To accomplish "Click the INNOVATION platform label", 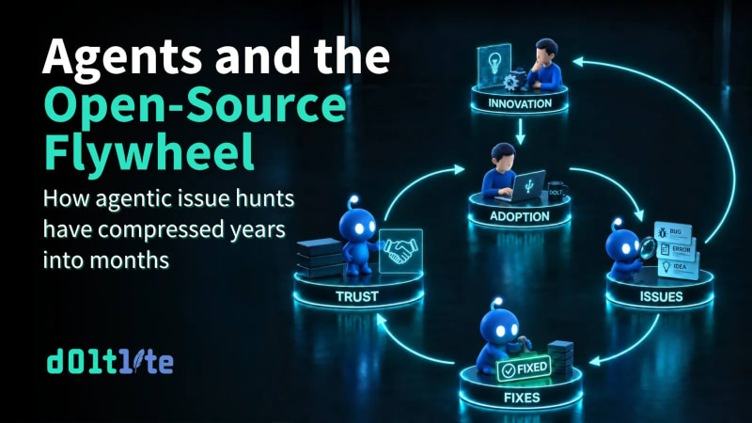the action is point(520,103).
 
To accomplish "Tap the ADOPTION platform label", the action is point(520,216).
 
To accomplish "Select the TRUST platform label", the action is point(357,297).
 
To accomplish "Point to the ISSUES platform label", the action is point(661,296).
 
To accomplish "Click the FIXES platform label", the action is point(522,398).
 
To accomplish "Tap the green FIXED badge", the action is point(524,369).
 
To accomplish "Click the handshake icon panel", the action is point(401,251).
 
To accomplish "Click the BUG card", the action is point(673,232).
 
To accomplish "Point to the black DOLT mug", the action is point(557,192).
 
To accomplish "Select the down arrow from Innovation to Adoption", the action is point(521,132).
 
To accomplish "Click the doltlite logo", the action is point(110,362).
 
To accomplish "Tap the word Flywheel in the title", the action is point(149,151).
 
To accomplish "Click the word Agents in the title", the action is point(122,56).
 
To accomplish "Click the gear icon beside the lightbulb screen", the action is point(512,81).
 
